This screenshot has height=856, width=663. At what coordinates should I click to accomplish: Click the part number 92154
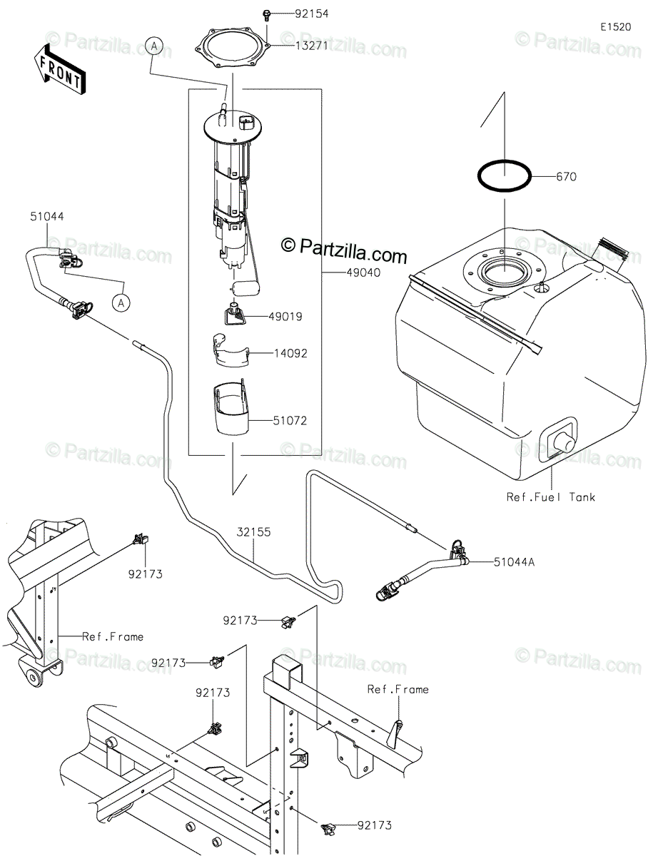click(312, 14)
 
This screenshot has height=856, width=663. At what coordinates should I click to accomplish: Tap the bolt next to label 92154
click(267, 16)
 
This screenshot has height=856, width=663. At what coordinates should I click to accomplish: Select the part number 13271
click(312, 46)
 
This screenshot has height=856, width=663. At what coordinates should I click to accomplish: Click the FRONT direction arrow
click(59, 70)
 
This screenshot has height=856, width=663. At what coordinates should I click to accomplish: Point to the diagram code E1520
click(616, 27)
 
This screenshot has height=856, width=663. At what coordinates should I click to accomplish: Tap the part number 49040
click(363, 272)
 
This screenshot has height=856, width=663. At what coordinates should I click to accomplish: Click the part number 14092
click(290, 353)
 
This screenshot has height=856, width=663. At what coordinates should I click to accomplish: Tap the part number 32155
click(253, 532)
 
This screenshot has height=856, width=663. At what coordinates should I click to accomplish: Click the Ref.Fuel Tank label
click(550, 497)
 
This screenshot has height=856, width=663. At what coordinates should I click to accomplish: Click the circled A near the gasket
click(154, 46)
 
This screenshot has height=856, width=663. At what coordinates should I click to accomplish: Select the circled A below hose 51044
click(121, 302)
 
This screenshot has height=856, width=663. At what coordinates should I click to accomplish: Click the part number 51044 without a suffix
click(47, 216)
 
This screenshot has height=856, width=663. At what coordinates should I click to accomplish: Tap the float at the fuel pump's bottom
click(246, 289)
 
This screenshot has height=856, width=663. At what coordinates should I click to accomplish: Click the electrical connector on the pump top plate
click(246, 122)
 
